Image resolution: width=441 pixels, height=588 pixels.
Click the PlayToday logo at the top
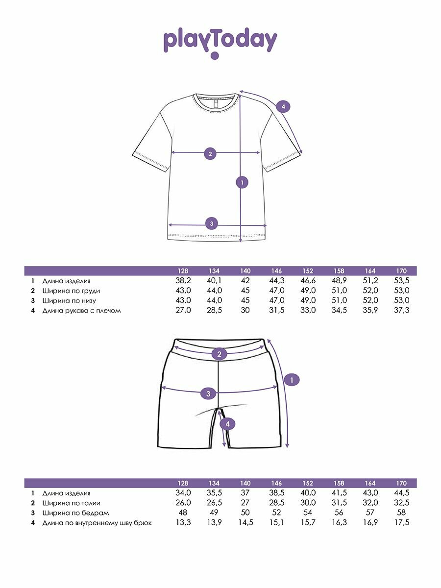tap(220, 42)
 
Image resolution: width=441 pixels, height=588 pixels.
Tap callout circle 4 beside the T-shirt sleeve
tap(283, 106)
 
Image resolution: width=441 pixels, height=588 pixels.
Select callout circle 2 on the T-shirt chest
tap(210, 154)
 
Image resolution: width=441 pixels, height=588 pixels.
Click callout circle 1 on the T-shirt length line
tap(241, 183)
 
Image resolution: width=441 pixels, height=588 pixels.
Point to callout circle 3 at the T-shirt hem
tap(211, 223)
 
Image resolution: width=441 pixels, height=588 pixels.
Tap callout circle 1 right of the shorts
tap(292, 380)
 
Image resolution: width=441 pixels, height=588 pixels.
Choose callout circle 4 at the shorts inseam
tap(227, 424)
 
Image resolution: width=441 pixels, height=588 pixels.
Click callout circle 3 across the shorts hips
tap(208, 393)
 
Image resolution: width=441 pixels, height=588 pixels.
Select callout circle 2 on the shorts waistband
tap(219, 354)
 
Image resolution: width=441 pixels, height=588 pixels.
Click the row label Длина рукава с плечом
tap(81, 310)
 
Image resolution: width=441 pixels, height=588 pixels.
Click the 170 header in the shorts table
tap(401, 483)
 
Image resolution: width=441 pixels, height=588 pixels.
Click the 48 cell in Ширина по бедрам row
tap(183, 513)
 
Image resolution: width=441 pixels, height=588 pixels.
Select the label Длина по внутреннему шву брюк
tap(97, 522)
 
